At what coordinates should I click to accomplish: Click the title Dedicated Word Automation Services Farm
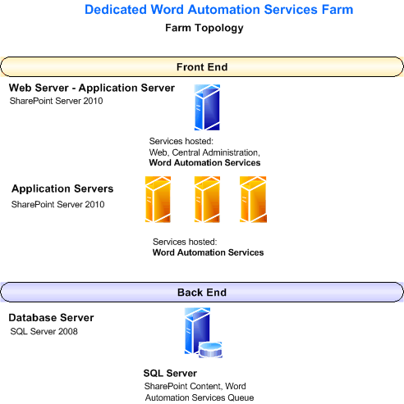pos(219,11)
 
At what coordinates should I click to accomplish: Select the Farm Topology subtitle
pos(204,28)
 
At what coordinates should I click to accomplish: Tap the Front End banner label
pos(201,66)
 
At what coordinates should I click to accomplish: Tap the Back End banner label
pos(201,292)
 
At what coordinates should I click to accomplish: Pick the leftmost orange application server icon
pos(158,199)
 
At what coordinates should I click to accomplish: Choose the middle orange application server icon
pos(206,199)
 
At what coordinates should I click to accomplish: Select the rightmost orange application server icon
pos(252,199)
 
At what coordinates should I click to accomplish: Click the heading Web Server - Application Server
pos(92,88)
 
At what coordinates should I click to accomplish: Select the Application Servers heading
pos(62,188)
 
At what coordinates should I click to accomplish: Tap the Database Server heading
pos(51,317)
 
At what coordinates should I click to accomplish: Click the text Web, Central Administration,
pos(204,152)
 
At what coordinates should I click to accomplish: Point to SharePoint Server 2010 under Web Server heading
pos(56,101)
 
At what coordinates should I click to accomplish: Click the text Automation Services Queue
pos(200,397)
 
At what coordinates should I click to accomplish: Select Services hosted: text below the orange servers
pos(185,242)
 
